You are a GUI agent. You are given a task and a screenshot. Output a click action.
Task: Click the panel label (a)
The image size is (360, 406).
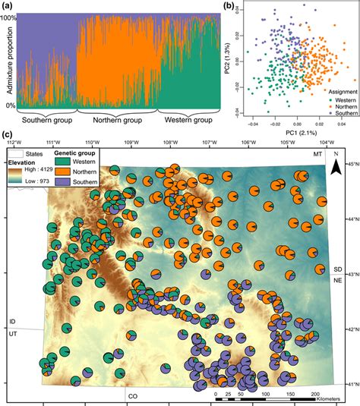(x=6, y=6)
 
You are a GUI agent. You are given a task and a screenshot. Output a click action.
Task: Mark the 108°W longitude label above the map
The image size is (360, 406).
(x=171, y=142)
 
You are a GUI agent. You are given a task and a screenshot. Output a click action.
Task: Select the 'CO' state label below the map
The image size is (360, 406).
(x=132, y=395)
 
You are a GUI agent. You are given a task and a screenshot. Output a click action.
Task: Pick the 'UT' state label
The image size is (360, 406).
(x=13, y=333)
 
